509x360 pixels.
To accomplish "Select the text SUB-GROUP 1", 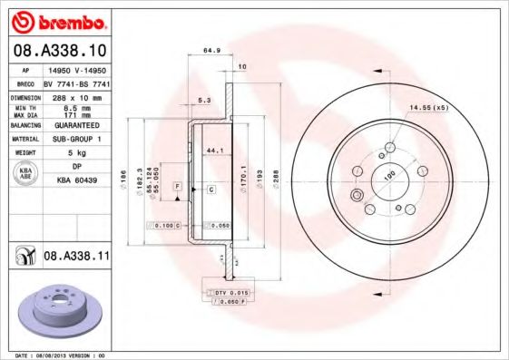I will click(x=76, y=139).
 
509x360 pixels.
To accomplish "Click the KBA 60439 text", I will click(x=76, y=181).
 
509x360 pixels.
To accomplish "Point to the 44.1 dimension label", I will click(x=215, y=149).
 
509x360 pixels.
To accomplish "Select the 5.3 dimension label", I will click(x=204, y=101).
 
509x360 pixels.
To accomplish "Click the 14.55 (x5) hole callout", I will click(x=428, y=109).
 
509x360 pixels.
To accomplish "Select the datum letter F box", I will click(x=178, y=186).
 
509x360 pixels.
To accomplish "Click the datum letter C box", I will click(x=210, y=190).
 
